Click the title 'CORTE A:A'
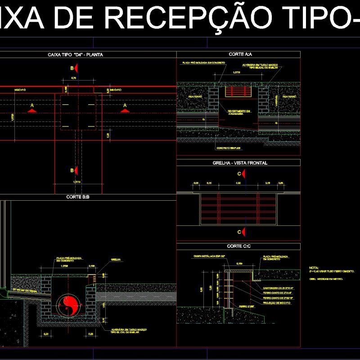[x=240, y=54]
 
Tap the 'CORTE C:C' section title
[x=239, y=247]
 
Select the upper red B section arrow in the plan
[x=77, y=68]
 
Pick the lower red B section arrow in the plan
[x=77, y=170]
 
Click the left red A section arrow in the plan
[x=32, y=108]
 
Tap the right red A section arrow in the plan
[x=125, y=108]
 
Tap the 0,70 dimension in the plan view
[x=74, y=79]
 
